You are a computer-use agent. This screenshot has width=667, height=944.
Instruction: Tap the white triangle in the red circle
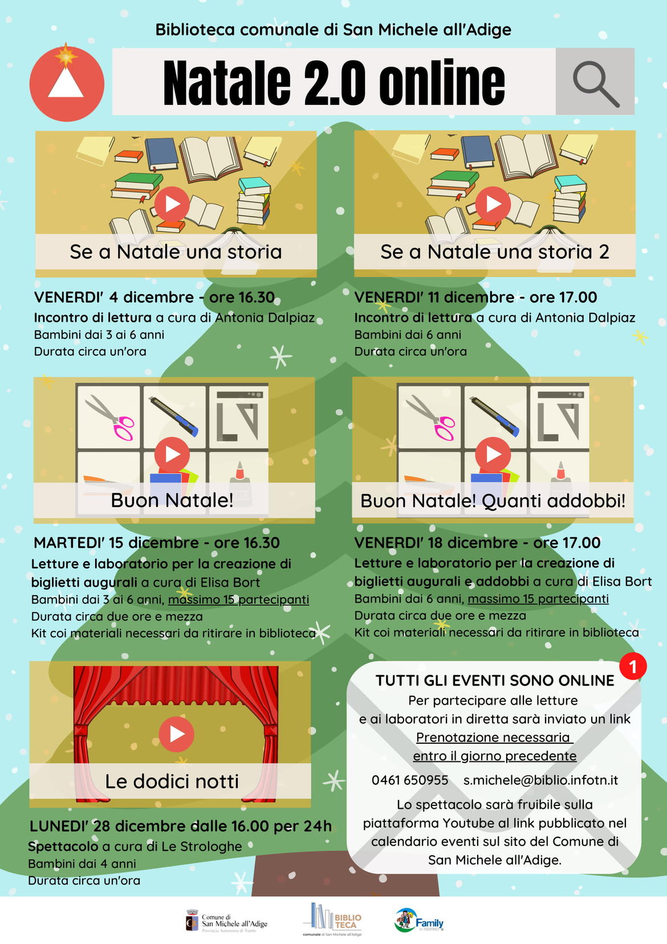point(66,83)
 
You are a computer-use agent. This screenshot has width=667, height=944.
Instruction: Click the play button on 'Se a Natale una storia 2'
point(493,204)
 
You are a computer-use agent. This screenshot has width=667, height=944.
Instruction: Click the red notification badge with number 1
point(633,666)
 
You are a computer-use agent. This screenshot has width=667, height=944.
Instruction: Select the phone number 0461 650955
point(410,780)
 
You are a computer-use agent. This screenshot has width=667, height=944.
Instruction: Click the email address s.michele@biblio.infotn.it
point(541,780)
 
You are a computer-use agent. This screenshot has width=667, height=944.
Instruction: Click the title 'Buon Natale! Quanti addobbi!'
point(493,501)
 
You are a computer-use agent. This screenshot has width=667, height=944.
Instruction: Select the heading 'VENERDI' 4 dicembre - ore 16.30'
point(154,297)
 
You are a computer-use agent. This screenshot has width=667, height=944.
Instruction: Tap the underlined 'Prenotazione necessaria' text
point(493,737)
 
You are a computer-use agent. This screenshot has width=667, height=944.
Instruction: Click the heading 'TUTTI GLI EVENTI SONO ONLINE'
point(495,681)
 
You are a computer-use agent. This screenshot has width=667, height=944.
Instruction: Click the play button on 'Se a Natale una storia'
point(172,204)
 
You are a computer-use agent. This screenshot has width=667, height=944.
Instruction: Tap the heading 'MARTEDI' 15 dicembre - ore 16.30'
point(157,543)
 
